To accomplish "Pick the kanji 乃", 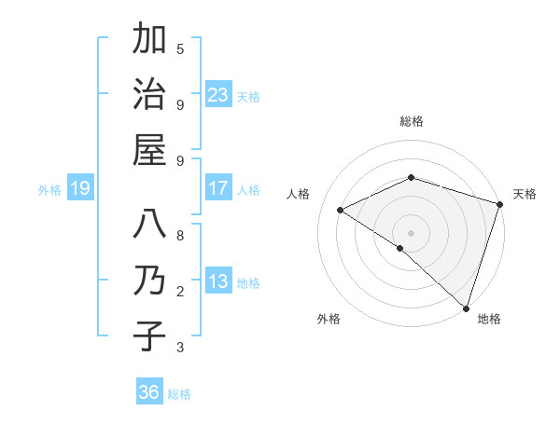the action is (149, 281).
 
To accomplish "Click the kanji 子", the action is (149, 335).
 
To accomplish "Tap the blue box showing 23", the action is (218, 94).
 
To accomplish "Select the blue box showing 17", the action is (218, 188).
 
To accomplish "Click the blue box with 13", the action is (218, 281).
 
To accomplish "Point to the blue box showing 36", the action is (149, 392).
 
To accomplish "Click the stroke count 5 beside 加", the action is (180, 48).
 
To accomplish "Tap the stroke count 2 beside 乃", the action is (180, 292).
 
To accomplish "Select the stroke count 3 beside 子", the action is (180, 348).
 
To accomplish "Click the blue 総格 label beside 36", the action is (179, 394).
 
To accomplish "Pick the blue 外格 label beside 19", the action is (49, 190).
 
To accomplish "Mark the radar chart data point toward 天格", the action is (500, 204).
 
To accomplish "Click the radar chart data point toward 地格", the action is (466, 308).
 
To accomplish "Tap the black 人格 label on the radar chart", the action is (299, 194).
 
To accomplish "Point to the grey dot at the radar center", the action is (411, 232).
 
